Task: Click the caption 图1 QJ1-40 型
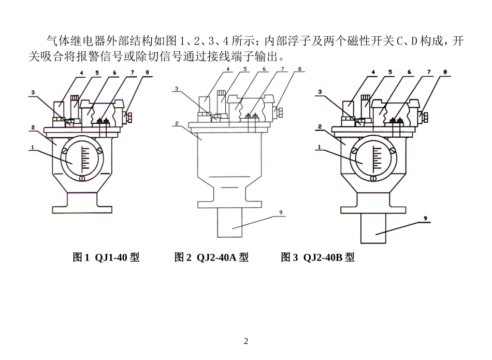coord(106,257)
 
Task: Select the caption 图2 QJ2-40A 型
coord(211,257)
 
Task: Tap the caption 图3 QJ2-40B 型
coord(317,257)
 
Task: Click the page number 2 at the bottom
coord(246,341)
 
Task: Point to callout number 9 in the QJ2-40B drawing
coord(425,218)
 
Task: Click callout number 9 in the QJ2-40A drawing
coord(281,212)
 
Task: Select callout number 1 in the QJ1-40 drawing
coord(33,147)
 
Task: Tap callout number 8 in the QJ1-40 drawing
coord(147,73)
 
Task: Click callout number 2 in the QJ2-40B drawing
coord(320,126)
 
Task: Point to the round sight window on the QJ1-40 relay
coord(82,159)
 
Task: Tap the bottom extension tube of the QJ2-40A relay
coord(229,223)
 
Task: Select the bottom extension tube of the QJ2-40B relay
coord(373,228)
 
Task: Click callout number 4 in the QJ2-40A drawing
coord(228,69)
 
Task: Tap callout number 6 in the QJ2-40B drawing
coord(409,72)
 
